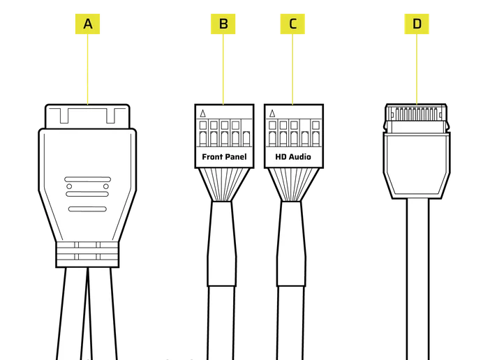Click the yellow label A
click(87, 24)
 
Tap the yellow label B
click(223, 24)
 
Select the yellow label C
click(292, 24)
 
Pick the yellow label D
click(417, 24)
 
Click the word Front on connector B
click(212, 157)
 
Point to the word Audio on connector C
click(299, 157)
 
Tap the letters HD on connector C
click(279, 157)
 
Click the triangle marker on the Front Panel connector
click(203, 113)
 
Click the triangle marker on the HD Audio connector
click(272, 113)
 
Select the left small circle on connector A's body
click(68, 186)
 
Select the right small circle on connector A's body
click(106, 186)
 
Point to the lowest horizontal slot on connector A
click(87, 209)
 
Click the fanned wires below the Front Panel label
click(223, 184)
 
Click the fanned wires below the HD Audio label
click(292, 184)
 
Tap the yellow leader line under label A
click(87, 70)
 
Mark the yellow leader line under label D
click(417, 70)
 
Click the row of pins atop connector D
click(416, 112)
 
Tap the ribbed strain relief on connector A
click(87, 254)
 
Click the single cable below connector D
click(417, 279)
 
